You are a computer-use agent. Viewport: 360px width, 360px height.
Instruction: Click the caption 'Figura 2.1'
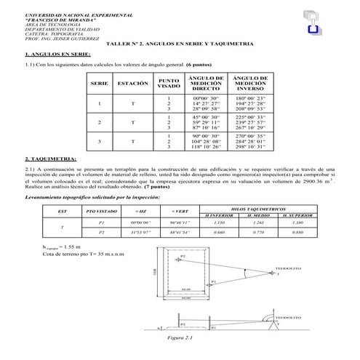click(178, 338)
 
